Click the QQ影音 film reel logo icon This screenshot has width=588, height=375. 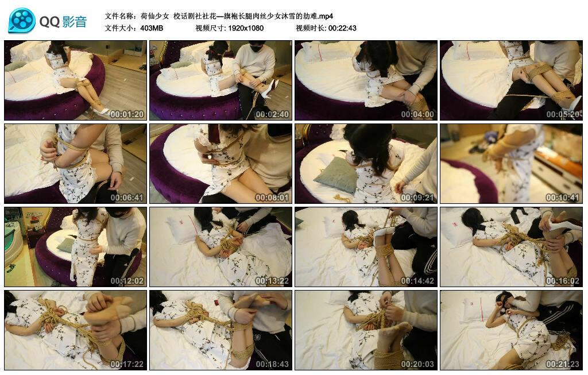point(22,21)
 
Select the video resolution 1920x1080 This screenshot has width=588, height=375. point(245,28)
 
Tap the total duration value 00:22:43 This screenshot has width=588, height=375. point(342,28)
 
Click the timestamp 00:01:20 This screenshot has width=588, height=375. point(127,114)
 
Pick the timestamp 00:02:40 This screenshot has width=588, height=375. point(272,114)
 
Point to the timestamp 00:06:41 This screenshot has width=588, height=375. point(127,198)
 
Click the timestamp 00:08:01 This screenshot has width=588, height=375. point(272,198)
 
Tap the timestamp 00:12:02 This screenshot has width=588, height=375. point(127,281)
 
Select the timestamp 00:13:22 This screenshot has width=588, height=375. point(272,281)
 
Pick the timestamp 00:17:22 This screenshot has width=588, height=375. point(127,364)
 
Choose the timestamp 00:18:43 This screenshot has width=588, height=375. point(272,364)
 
